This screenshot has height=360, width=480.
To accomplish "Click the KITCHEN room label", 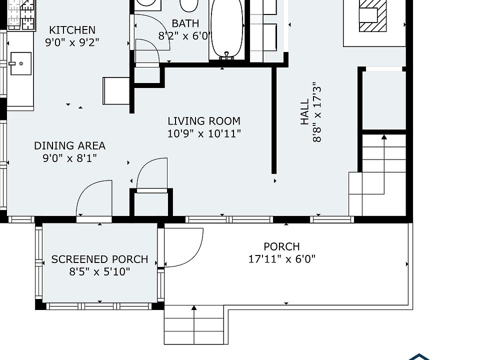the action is pyautogui.click(x=72, y=30).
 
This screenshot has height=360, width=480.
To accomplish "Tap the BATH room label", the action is pyautogui.click(x=185, y=23).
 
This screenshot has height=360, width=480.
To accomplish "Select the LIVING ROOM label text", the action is pyautogui.click(x=204, y=121).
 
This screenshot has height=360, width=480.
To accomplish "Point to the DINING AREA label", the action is pyautogui.click(x=70, y=145).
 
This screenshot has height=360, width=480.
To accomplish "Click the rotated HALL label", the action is pyautogui.click(x=304, y=111).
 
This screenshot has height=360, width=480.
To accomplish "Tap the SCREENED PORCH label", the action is pyautogui.click(x=99, y=259).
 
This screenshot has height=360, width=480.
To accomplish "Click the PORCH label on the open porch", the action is pyautogui.click(x=281, y=246).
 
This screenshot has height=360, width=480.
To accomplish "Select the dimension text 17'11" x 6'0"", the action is pyautogui.click(x=281, y=259).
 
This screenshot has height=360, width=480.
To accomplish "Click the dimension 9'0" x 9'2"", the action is pyautogui.click(x=72, y=42).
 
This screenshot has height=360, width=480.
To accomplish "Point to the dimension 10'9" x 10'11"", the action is pyautogui.click(x=204, y=134).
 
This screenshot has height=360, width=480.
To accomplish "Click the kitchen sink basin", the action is pyautogui.click(x=21, y=63).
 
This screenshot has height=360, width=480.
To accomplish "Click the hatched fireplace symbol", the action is pyautogui.click(x=372, y=15).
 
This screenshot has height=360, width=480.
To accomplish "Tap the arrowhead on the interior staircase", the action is pyautogui.click(x=384, y=137).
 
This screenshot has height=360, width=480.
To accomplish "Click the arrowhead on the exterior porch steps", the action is pyautogui.click(x=194, y=308).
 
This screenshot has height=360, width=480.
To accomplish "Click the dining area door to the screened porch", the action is pyautogui.click(x=94, y=199).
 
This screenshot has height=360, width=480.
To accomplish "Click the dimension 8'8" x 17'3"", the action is pyautogui.click(x=317, y=112).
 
